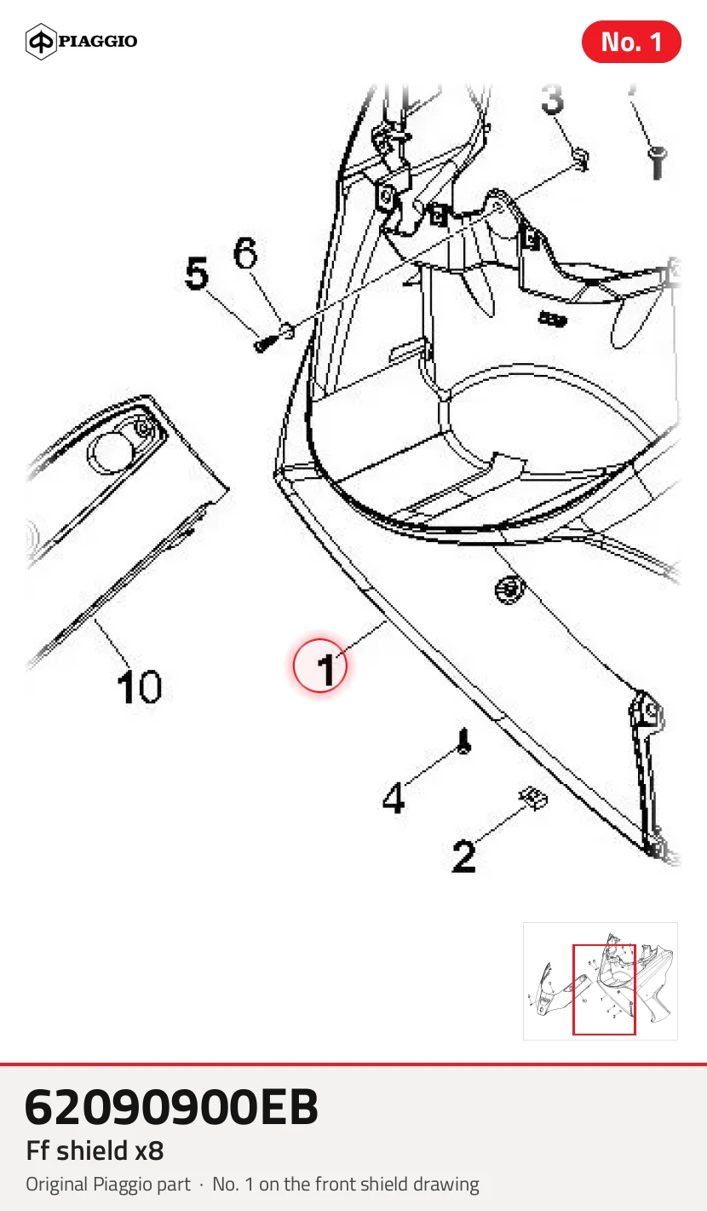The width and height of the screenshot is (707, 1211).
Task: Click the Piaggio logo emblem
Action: tap(41, 42)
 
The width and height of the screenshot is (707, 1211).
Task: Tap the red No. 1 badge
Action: tap(631, 42)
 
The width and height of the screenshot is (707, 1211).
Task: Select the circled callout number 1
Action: tap(320, 665)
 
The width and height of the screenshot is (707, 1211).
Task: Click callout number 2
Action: tap(463, 856)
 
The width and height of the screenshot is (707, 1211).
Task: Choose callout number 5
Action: tap(196, 273)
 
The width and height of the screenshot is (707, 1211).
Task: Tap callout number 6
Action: tap(245, 252)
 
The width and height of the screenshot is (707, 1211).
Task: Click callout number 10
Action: tap(139, 687)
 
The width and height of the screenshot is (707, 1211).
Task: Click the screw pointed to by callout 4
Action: tap(464, 741)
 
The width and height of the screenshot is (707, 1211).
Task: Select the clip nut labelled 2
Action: tap(533, 798)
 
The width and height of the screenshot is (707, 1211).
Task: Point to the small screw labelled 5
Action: tap(264, 343)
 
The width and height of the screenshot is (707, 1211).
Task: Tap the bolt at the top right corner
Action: tap(657, 163)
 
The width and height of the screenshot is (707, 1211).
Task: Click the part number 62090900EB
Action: tap(171, 1107)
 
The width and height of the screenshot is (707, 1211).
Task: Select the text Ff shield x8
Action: tap(95, 1150)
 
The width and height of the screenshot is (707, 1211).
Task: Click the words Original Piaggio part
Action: tap(108, 1184)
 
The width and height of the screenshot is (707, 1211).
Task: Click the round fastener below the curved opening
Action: tap(510, 589)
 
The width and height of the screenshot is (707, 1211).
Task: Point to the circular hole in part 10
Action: tap(112, 453)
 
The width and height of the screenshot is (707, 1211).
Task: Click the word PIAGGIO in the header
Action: tap(98, 41)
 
